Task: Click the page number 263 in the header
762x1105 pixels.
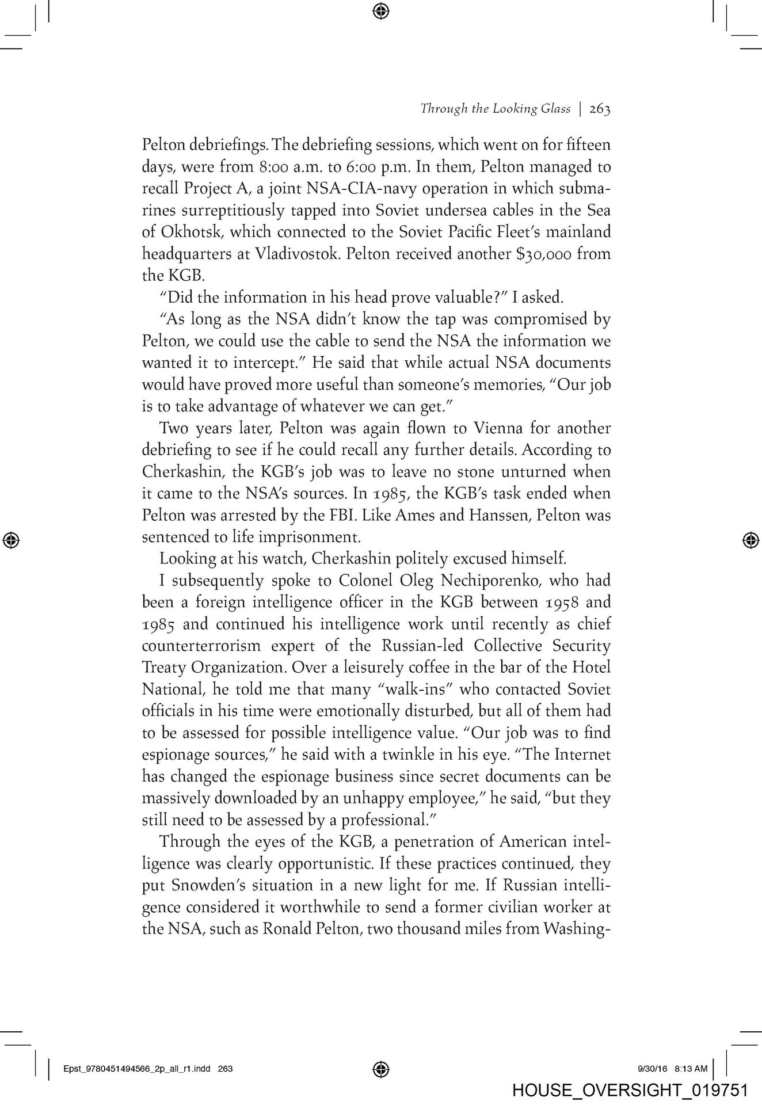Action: pyautogui.click(x=599, y=109)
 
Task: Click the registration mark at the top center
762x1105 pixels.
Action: pyautogui.click(x=381, y=10)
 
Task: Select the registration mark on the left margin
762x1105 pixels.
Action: pyautogui.click(x=12, y=539)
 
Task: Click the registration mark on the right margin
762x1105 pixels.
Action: pyautogui.click(x=749, y=539)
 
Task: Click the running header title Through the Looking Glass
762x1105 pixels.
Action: pyautogui.click(x=495, y=109)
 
